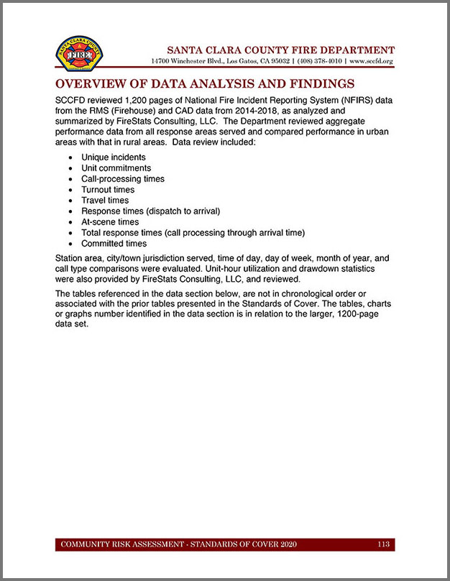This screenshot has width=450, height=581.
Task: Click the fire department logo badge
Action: [79, 53]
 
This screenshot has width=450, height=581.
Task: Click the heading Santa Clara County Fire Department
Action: [280, 50]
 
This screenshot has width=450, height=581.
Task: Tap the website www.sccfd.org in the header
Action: [371, 62]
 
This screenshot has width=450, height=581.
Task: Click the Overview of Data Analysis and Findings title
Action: [205, 83]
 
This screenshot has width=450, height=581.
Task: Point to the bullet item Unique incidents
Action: [113, 157]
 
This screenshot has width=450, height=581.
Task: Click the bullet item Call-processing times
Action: [122, 178]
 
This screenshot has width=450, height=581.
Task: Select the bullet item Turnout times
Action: [108, 190]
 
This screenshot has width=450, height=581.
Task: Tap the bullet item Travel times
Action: [105, 201]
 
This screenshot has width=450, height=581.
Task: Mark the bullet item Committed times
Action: [114, 244]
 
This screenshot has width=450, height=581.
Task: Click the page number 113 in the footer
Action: [383, 544]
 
